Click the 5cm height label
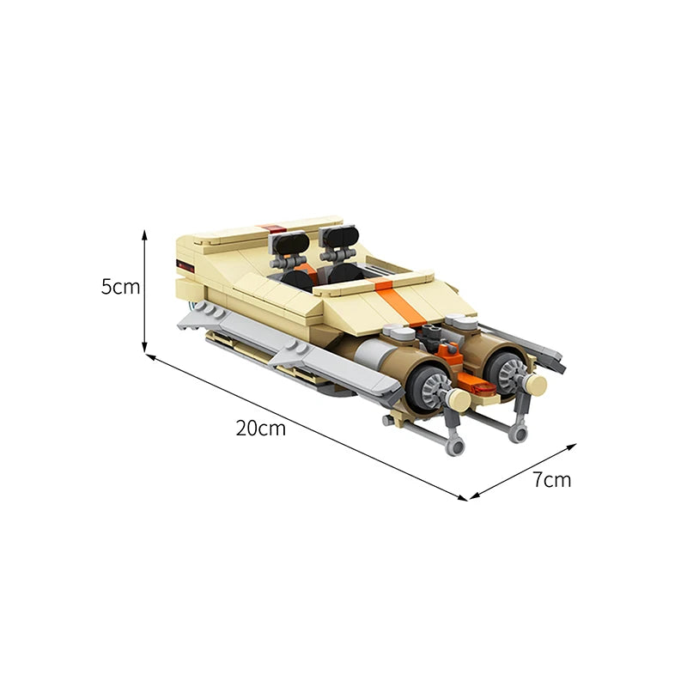coord(120,287)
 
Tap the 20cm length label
coord(261,428)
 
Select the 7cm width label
coord(552,480)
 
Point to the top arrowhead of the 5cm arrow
coord(144,235)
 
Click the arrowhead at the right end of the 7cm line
coord(571,447)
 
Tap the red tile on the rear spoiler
coord(272,228)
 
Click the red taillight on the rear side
coord(185,265)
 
